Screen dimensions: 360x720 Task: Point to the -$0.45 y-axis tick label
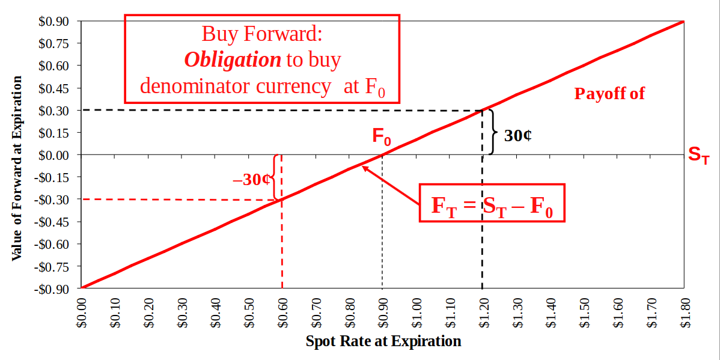coord(53,222)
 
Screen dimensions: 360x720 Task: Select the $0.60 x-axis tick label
coord(282,313)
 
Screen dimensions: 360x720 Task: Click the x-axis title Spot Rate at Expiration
coord(383,341)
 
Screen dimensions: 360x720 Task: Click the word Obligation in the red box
coord(233,59)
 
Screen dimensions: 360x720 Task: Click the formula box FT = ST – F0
coord(492,203)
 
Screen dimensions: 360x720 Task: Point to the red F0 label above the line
coord(381,138)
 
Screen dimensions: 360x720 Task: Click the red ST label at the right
coord(698,155)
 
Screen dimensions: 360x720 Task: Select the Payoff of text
coord(609,94)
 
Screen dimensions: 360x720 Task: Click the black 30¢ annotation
coord(517,135)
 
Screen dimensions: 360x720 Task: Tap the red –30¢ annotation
coord(251,179)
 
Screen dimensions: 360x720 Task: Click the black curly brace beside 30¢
coord(493,132)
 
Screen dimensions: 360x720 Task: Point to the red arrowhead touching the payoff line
coord(365,168)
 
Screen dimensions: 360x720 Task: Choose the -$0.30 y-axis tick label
coord(53,200)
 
